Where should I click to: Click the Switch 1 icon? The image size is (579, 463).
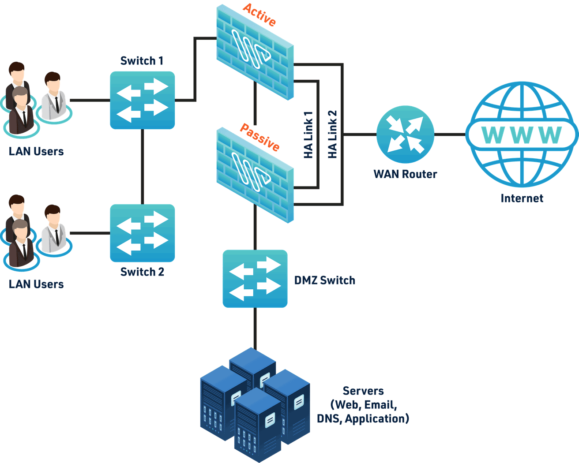click(142, 101)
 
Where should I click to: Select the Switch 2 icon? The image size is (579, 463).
click(142, 233)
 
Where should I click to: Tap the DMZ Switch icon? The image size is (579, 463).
click(255, 279)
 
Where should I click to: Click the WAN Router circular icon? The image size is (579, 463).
click(405, 134)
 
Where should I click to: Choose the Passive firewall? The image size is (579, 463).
click(255, 175)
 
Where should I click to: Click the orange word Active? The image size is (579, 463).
click(259, 15)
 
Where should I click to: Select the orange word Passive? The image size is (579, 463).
click(259, 137)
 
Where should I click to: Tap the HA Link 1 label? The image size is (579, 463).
click(308, 135)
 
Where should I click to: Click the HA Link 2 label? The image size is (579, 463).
click(332, 134)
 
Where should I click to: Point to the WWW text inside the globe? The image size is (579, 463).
click(522, 135)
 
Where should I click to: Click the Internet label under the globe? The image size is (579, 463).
click(522, 198)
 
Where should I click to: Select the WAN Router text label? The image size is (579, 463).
click(405, 174)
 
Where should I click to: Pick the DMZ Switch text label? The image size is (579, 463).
click(324, 280)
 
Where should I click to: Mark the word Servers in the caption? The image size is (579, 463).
click(363, 391)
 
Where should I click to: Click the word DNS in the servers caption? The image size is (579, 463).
click(329, 418)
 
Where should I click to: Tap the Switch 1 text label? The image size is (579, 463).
click(142, 61)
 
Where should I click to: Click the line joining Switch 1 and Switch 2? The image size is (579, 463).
click(142, 167)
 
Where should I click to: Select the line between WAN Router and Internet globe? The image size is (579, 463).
click(450, 134)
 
